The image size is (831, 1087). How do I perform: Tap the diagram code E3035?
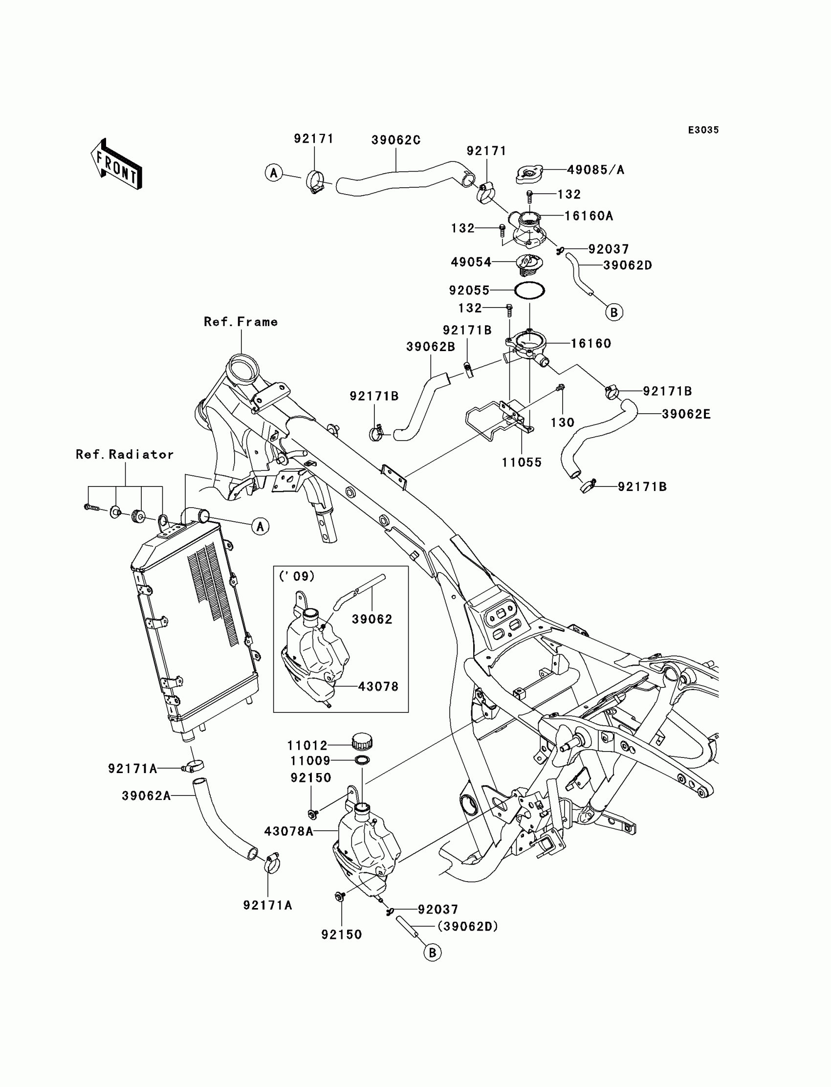pyautogui.click(x=703, y=130)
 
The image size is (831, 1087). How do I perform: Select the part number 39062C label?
pyautogui.click(x=396, y=140)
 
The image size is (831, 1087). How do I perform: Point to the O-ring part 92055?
pyautogui.click(x=529, y=290)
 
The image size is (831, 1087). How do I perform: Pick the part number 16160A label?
pyautogui.click(x=589, y=216)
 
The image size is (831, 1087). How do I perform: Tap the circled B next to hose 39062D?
pyautogui.click(x=614, y=312)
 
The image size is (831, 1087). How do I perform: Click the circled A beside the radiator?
pyautogui.click(x=260, y=526)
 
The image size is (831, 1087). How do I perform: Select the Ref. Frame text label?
pyautogui.click(x=241, y=322)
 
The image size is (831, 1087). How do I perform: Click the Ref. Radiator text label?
pyautogui.click(x=125, y=454)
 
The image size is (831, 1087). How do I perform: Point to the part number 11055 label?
pyautogui.click(x=522, y=463)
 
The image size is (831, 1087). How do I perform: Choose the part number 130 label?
pyautogui.click(x=563, y=422)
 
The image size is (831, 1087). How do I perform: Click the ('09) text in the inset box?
pyautogui.click(x=297, y=576)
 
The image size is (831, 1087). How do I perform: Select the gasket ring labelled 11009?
pyautogui.click(x=362, y=760)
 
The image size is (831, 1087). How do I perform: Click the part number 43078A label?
pyautogui.click(x=288, y=831)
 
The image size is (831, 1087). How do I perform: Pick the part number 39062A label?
pyautogui.click(x=146, y=796)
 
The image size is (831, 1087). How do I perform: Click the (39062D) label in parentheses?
pyautogui.click(x=467, y=926)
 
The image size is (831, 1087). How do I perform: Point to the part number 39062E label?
pyautogui.click(x=686, y=414)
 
